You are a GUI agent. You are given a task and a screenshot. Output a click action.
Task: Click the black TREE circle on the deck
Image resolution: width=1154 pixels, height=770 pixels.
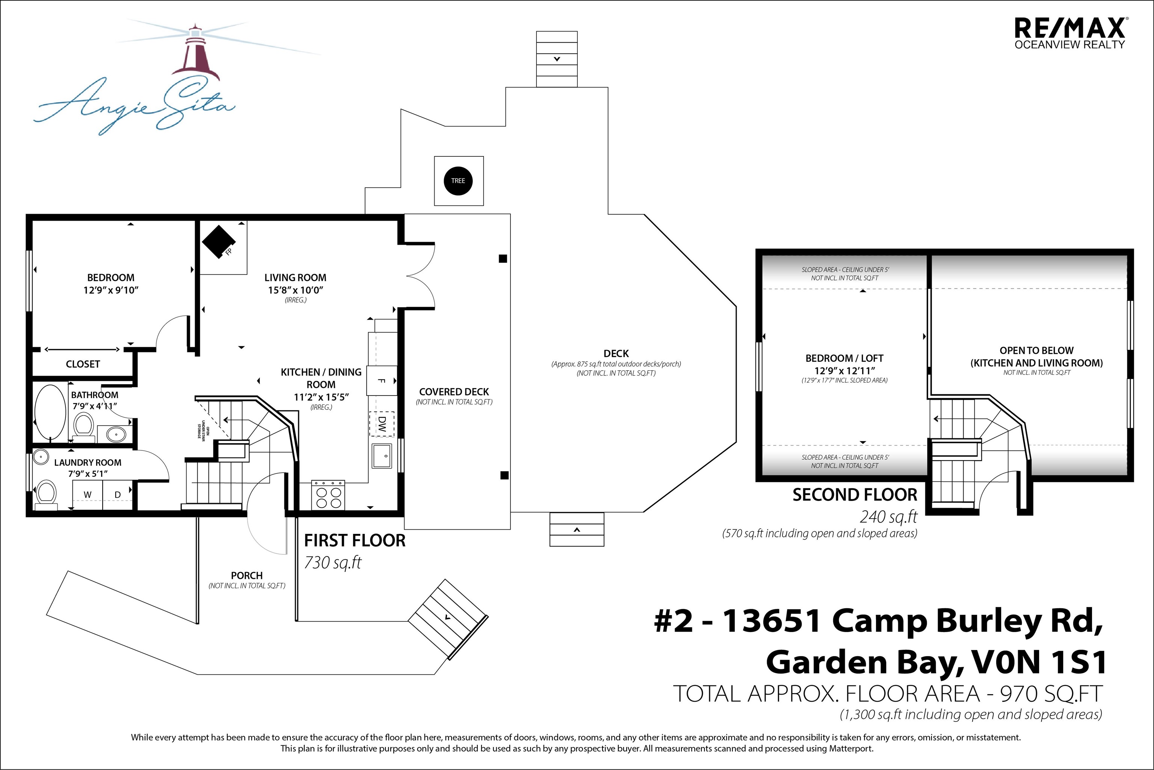click(458, 181)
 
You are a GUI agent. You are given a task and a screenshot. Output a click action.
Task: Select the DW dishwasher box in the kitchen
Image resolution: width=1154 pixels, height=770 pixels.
click(382, 423)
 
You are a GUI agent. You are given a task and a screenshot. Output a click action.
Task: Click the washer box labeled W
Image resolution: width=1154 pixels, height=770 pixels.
click(88, 494)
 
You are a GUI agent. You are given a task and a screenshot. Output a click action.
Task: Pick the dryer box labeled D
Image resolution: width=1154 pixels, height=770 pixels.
click(118, 494)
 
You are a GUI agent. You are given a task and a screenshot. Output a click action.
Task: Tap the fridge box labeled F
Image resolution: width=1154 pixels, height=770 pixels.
click(382, 380)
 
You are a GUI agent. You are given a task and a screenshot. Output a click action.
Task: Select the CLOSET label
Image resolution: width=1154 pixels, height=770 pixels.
click(83, 364)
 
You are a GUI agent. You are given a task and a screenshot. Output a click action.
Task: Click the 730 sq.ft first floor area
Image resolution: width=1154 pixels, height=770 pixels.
click(333, 562)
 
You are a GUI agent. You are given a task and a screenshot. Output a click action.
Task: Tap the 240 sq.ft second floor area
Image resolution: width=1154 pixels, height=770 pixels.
click(888, 517)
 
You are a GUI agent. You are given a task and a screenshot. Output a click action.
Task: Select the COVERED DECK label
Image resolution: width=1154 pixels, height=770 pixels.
click(454, 392)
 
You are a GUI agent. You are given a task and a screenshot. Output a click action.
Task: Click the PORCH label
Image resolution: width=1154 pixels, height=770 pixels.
click(247, 576)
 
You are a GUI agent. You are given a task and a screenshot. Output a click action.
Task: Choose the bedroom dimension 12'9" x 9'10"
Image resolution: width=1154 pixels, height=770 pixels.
click(111, 290)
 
